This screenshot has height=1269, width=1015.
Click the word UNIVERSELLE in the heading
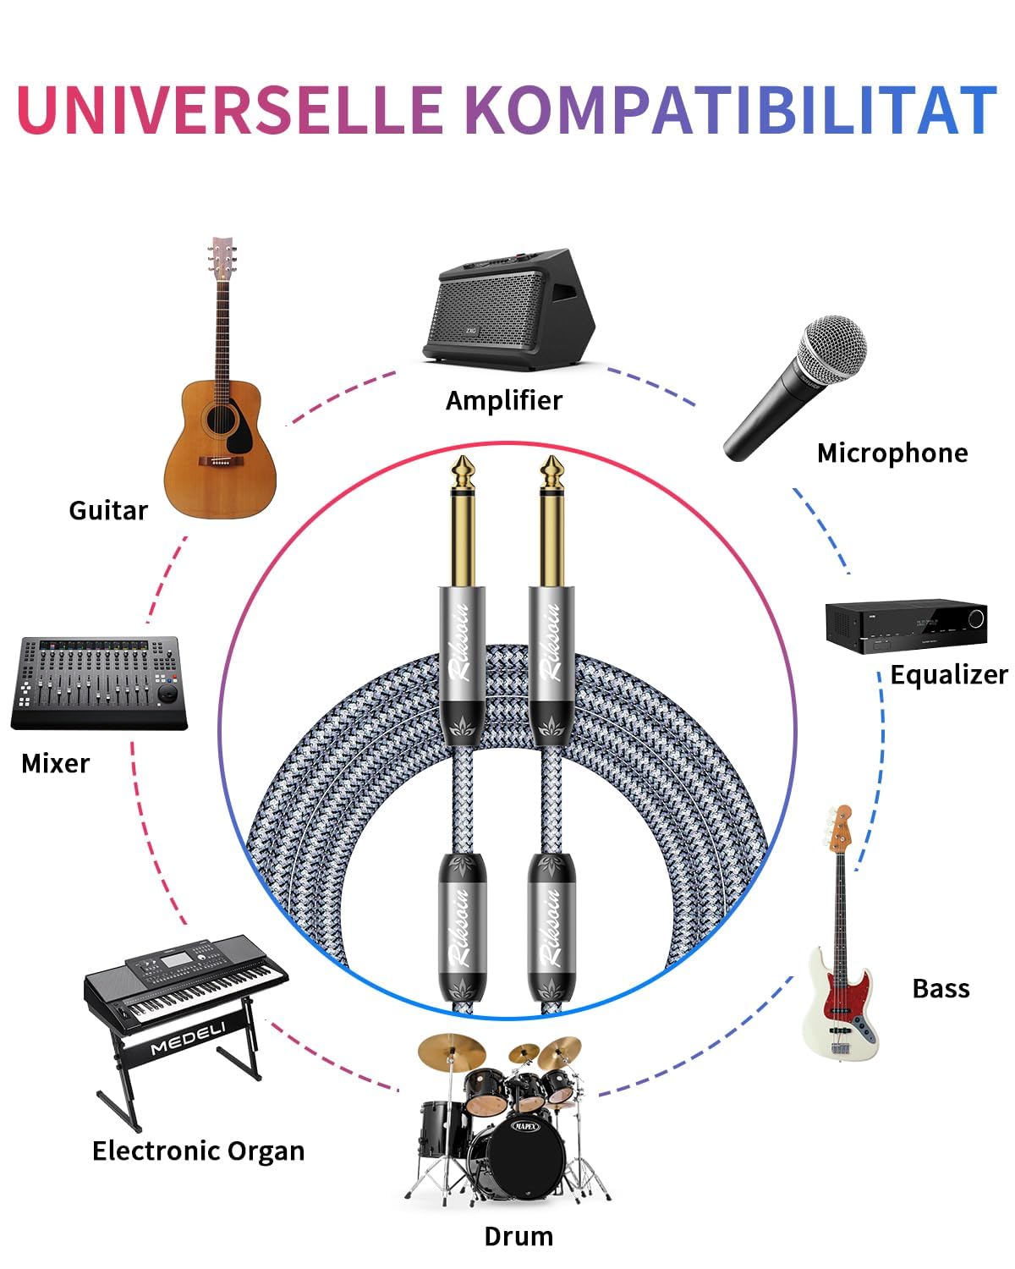click(230, 110)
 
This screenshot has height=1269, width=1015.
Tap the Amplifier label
click(503, 401)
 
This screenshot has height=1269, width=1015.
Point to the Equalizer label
click(949, 674)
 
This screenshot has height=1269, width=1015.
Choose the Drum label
click(518, 1237)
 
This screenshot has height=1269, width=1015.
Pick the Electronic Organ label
click(198, 1151)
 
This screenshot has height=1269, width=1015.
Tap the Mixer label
click(56, 764)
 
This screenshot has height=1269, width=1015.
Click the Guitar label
click(108, 511)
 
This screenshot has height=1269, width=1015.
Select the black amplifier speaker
click(508, 310)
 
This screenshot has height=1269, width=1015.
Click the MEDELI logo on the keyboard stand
click(188, 1041)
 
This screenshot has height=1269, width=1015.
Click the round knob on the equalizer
click(976, 618)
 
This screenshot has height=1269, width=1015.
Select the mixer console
click(99, 683)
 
